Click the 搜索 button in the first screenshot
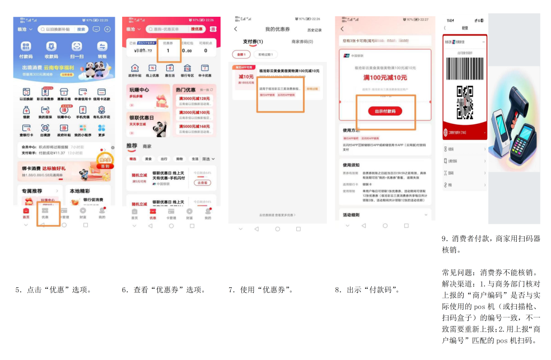point(81,29)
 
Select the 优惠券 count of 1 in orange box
point(168,50)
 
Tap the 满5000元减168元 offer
point(194,127)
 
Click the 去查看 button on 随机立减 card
point(202,183)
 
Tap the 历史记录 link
point(314,30)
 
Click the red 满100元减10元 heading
point(385,77)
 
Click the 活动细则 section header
point(352,215)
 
